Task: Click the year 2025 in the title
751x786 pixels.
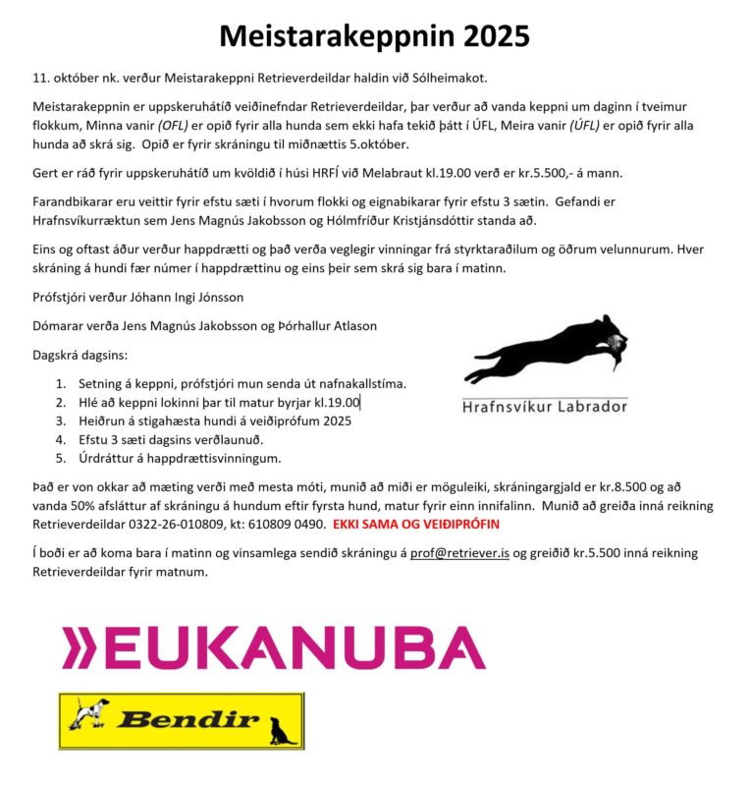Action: tap(487, 35)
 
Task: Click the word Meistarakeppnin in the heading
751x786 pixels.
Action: tap(328, 35)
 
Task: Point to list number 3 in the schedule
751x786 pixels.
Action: tap(61, 421)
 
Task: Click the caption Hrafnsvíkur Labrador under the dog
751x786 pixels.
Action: tap(545, 405)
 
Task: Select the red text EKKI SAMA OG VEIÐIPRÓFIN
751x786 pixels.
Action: tap(416, 524)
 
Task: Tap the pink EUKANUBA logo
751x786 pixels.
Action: tap(273, 649)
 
